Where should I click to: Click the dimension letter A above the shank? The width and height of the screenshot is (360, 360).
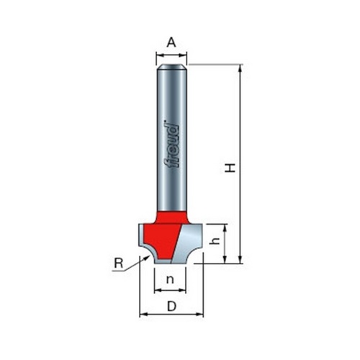171,42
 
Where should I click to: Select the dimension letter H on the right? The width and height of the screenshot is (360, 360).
230,168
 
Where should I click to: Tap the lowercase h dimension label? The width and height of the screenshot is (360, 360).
215,241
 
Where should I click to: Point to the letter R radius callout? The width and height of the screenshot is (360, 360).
118,264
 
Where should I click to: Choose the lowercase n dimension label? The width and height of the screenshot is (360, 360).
170,279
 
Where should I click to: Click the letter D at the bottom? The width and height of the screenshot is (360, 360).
171,306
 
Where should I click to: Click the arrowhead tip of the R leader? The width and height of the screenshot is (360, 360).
148,256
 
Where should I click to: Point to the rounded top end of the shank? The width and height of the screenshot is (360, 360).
171,67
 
